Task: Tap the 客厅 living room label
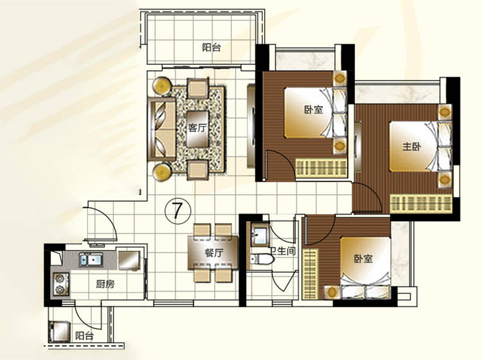tap(197, 128)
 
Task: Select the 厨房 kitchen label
tap(105, 284)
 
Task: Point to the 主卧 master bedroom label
tap(412, 147)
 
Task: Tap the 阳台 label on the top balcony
tap(211, 48)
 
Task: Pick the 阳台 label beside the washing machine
tap(84, 336)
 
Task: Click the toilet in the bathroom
tap(262, 260)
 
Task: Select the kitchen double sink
tap(91, 260)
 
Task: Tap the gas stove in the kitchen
tap(60, 284)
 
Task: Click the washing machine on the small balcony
tap(59, 331)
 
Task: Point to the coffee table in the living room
tap(198, 129)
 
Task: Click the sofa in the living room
tap(161, 129)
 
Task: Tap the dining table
tap(213, 253)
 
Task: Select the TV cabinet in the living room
tap(251, 126)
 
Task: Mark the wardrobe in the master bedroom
tap(420, 203)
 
